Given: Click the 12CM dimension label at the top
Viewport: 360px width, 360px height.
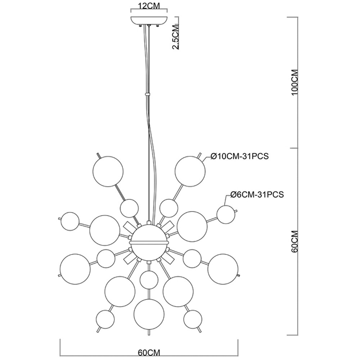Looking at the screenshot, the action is (149, 6).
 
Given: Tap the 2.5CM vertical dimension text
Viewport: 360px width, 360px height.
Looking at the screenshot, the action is (176, 37).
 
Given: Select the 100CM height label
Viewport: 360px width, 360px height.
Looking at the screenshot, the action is (294, 82).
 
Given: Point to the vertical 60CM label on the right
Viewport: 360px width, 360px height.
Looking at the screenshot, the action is (294, 242).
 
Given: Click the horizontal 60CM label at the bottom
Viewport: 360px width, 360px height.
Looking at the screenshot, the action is (149, 352).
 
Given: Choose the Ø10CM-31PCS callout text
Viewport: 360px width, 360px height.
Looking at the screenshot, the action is (239, 156).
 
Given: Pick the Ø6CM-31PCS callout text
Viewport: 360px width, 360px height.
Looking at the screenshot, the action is (257, 194).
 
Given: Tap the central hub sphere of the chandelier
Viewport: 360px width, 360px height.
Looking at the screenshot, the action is (149, 242).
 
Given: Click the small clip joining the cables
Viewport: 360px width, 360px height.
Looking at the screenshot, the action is (147, 94).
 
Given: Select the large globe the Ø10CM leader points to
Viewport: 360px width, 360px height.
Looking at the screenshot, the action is (190, 171).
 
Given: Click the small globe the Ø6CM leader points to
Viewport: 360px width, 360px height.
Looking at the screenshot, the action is (226, 215).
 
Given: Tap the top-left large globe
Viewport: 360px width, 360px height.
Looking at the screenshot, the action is (108, 171).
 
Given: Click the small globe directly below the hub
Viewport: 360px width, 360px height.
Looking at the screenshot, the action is (149, 280).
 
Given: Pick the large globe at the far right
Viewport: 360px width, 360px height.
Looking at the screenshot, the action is (223, 269).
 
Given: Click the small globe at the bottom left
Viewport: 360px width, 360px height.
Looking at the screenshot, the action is (105, 319).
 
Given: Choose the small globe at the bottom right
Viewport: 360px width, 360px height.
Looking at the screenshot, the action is (193, 319).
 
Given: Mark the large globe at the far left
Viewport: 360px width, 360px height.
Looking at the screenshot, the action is (75, 269).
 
